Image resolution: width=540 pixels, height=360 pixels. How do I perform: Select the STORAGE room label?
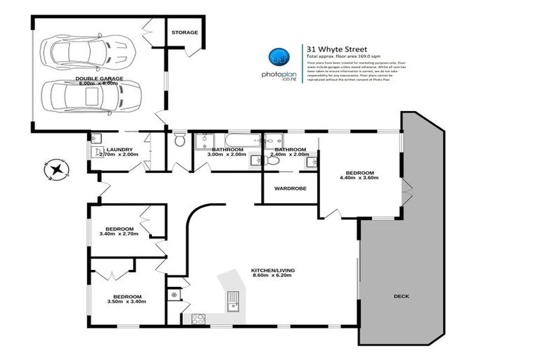point(185,32)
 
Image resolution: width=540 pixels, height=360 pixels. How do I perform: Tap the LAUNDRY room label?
point(120,149)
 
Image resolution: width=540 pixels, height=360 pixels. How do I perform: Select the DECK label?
point(401,296)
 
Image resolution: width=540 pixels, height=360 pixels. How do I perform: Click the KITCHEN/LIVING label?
point(271,269)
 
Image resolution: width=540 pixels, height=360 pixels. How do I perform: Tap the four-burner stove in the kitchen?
point(198,318)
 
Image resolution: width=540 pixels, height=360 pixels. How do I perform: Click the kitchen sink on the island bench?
point(233,304)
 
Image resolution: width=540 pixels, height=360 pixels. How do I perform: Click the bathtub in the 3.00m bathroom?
point(226,139)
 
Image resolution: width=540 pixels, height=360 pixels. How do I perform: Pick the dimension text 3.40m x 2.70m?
point(120,236)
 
